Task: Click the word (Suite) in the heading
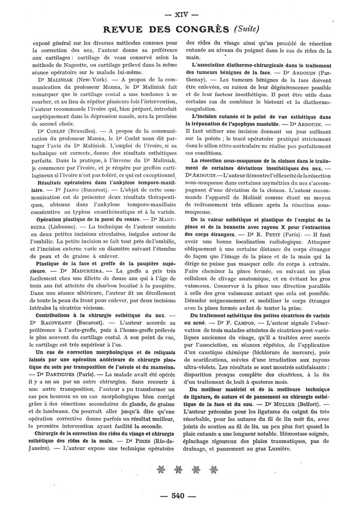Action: coord(246,29)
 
